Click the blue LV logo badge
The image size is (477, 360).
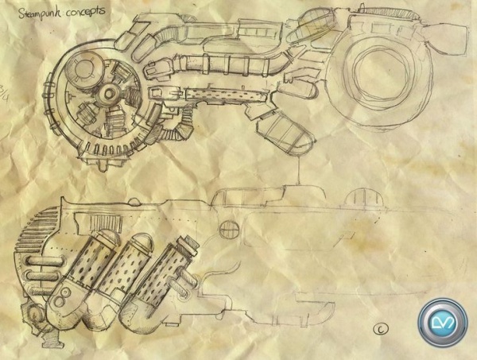pyautogui.click(x=443, y=323)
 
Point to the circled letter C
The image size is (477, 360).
pyautogui.click(x=381, y=329)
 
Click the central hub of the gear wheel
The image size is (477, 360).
pyautogui.click(x=108, y=92)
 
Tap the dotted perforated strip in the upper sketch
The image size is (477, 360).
pyautogui.click(x=227, y=94)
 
